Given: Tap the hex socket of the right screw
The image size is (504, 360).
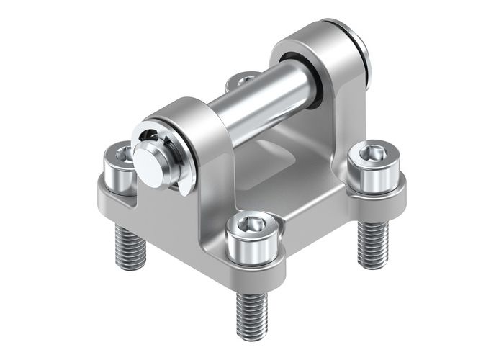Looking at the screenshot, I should (372, 152).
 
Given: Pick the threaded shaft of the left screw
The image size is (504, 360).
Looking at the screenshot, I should (130, 245).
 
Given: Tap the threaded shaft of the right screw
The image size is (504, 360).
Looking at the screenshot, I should (373, 241).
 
